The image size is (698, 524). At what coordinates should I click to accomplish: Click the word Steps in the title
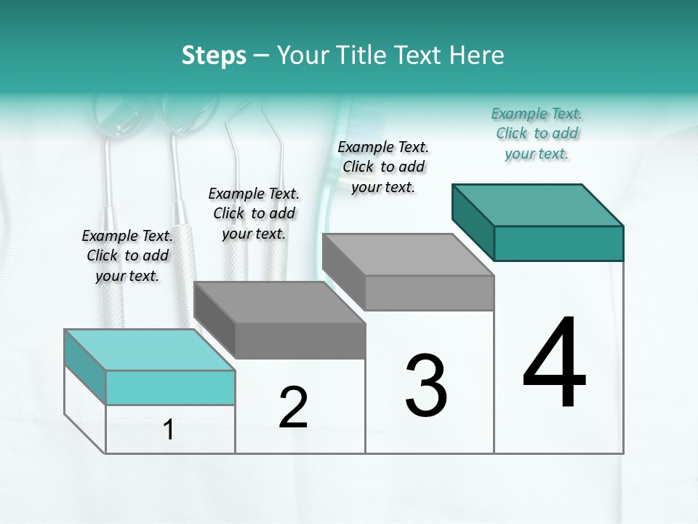pos(214,55)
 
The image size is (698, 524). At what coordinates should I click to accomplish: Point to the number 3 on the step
pos(426,386)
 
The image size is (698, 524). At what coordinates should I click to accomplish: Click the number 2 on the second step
pos(293,408)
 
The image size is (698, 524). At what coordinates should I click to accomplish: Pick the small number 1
pos(169,430)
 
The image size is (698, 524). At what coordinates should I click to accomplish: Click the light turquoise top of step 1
pos(149,349)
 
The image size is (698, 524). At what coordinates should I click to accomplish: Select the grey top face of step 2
pos(280,301)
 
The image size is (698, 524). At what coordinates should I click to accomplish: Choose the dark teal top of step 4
pos(538,205)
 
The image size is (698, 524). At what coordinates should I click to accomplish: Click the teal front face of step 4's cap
pos(558,243)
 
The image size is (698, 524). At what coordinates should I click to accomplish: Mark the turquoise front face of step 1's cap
pos(170,387)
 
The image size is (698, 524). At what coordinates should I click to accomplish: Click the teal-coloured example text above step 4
pos(537,133)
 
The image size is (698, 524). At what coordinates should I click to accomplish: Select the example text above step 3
pos(383,167)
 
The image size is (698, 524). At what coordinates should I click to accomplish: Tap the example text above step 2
pos(254,213)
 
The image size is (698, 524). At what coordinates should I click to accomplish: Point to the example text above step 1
pos(127,255)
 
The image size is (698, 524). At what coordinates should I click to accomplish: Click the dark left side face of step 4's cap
pos(473,223)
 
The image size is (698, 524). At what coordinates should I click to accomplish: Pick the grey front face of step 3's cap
pos(429,293)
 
